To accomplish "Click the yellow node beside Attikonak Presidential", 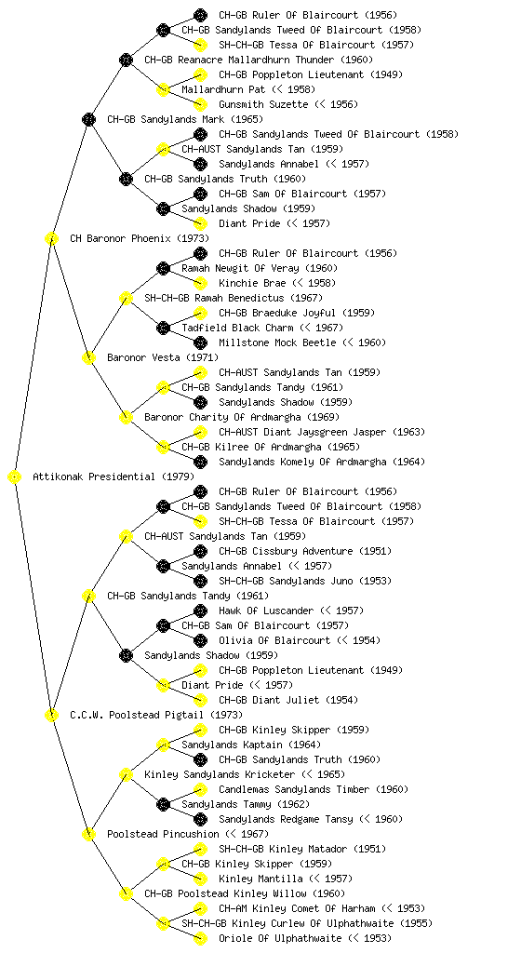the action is [15, 477].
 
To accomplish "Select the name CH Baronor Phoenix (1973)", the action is [139, 238].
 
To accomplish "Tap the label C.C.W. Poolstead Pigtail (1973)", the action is [156, 715].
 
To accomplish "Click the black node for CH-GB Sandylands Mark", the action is [88, 120].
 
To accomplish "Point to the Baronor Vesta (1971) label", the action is [163, 357].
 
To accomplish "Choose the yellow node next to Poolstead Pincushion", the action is [88, 835].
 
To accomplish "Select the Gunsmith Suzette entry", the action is [288, 104].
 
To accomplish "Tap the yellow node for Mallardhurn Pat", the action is [163, 90].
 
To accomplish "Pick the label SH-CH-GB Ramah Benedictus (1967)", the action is [234, 298].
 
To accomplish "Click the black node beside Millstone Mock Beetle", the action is [200, 342].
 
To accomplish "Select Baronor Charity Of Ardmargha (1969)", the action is [242, 417].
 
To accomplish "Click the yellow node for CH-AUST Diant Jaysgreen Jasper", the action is [200, 432].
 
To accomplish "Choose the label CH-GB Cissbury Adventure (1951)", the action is [305, 551].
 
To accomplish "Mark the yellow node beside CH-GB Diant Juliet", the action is [200, 700].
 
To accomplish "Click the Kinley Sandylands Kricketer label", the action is [245, 774].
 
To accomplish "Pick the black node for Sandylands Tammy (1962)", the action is [163, 805].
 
